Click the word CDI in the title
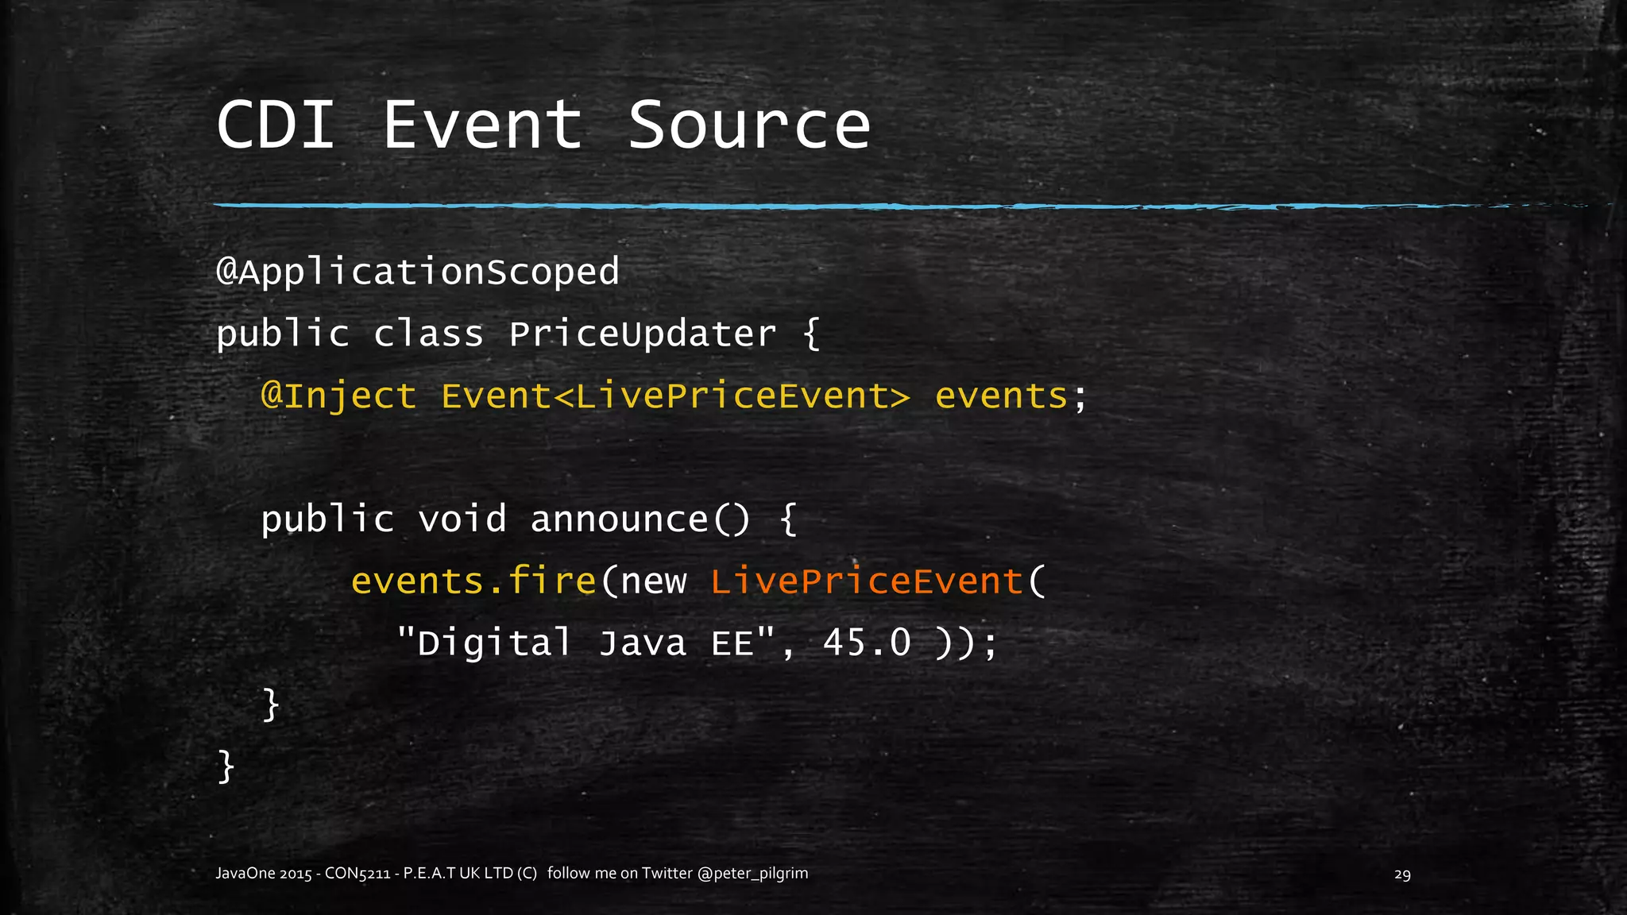275,125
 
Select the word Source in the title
749,125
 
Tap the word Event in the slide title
483,125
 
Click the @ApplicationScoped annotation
418,272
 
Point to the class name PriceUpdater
642,334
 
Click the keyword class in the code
428,334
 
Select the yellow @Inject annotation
339,396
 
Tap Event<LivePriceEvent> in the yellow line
675,396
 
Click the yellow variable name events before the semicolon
1001,396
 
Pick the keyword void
462,519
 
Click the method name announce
619,519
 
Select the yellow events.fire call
473,581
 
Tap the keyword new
653,581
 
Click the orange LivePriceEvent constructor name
866,581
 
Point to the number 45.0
867,643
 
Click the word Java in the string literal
642,643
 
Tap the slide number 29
1402,874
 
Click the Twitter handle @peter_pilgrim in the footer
752,874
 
